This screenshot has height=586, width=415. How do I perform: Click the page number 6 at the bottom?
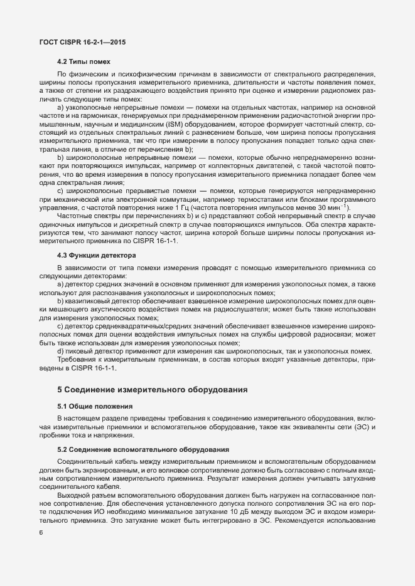(x=41, y=533)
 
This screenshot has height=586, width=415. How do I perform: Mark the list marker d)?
(x=60, y=352)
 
